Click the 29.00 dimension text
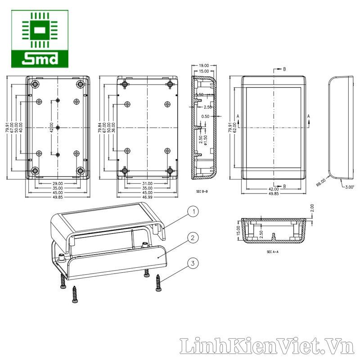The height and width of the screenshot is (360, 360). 58,184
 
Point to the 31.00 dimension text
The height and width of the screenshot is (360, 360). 147,184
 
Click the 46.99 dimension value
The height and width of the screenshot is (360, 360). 147,197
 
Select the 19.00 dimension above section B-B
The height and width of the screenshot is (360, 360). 204,65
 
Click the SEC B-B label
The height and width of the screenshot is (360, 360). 202,192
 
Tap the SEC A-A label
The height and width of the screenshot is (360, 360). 273,252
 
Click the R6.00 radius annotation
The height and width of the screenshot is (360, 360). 321,183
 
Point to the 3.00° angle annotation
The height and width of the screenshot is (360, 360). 349,187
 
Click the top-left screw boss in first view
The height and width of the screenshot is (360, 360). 35,85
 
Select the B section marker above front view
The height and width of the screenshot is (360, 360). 284,70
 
